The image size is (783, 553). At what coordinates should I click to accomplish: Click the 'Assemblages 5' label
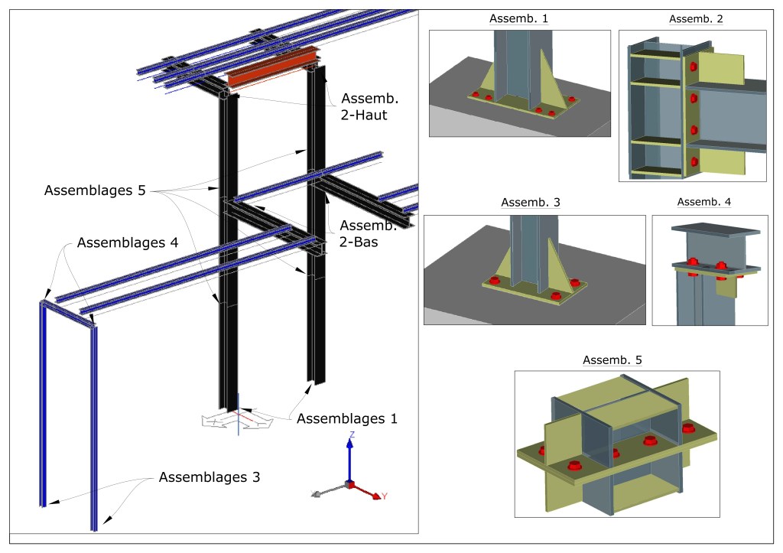coord(95,190)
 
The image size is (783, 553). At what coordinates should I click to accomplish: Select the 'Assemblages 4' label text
coord(127,242)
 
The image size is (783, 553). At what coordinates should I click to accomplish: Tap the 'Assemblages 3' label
coord(210,477)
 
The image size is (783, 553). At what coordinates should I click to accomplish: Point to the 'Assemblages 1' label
coord(347,418)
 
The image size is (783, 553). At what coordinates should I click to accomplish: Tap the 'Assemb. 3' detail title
coord(531,203)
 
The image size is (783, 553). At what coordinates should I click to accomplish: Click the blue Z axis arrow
coord(349,459)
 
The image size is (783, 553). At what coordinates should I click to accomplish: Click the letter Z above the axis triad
coord(351,434)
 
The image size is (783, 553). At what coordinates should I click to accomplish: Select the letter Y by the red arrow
coord(384,497)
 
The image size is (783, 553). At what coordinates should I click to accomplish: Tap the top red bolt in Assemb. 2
coord(694,67)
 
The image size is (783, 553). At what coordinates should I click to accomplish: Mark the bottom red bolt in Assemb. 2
coord(694,161)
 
